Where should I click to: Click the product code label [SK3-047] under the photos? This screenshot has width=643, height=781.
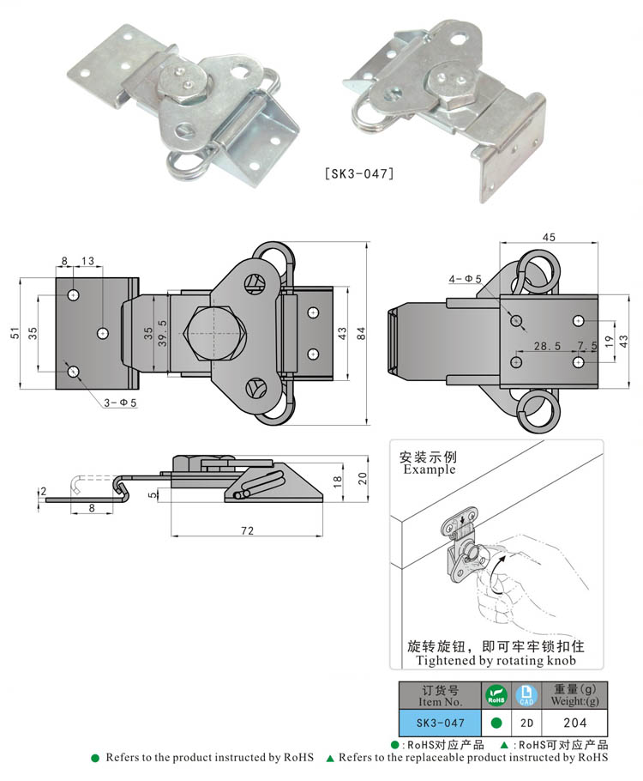tap(359, 173)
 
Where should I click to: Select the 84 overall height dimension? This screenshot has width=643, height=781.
tap(361, 335)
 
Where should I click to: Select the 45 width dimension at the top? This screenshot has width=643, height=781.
tap(548, 238)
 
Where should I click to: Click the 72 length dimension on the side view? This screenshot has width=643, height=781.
tap(246, 531)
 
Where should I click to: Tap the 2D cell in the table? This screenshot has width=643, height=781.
tap(526, 723)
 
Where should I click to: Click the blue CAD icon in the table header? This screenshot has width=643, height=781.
tap(526, 694)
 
